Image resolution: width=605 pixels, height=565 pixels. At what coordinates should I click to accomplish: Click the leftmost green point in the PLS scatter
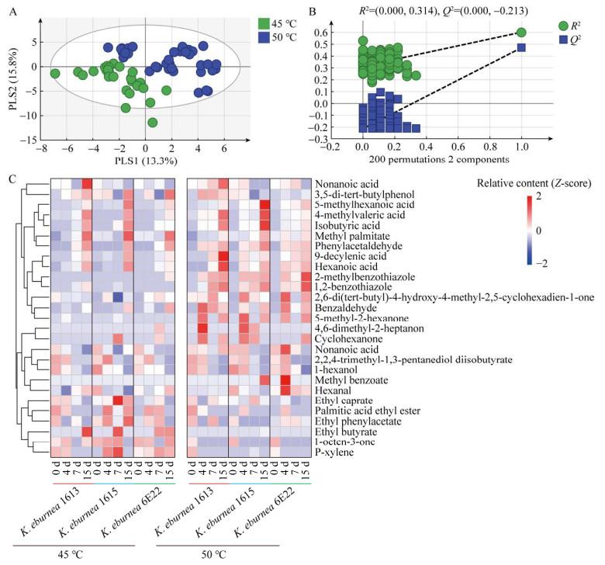[x=54, y=74]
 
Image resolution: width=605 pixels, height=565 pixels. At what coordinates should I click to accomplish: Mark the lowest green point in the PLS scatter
[x=152, y=122]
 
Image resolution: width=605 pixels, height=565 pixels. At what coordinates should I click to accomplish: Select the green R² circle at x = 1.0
[x=521, y=33]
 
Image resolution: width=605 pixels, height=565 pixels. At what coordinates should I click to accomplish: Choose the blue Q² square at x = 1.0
[x=521, y=48]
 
